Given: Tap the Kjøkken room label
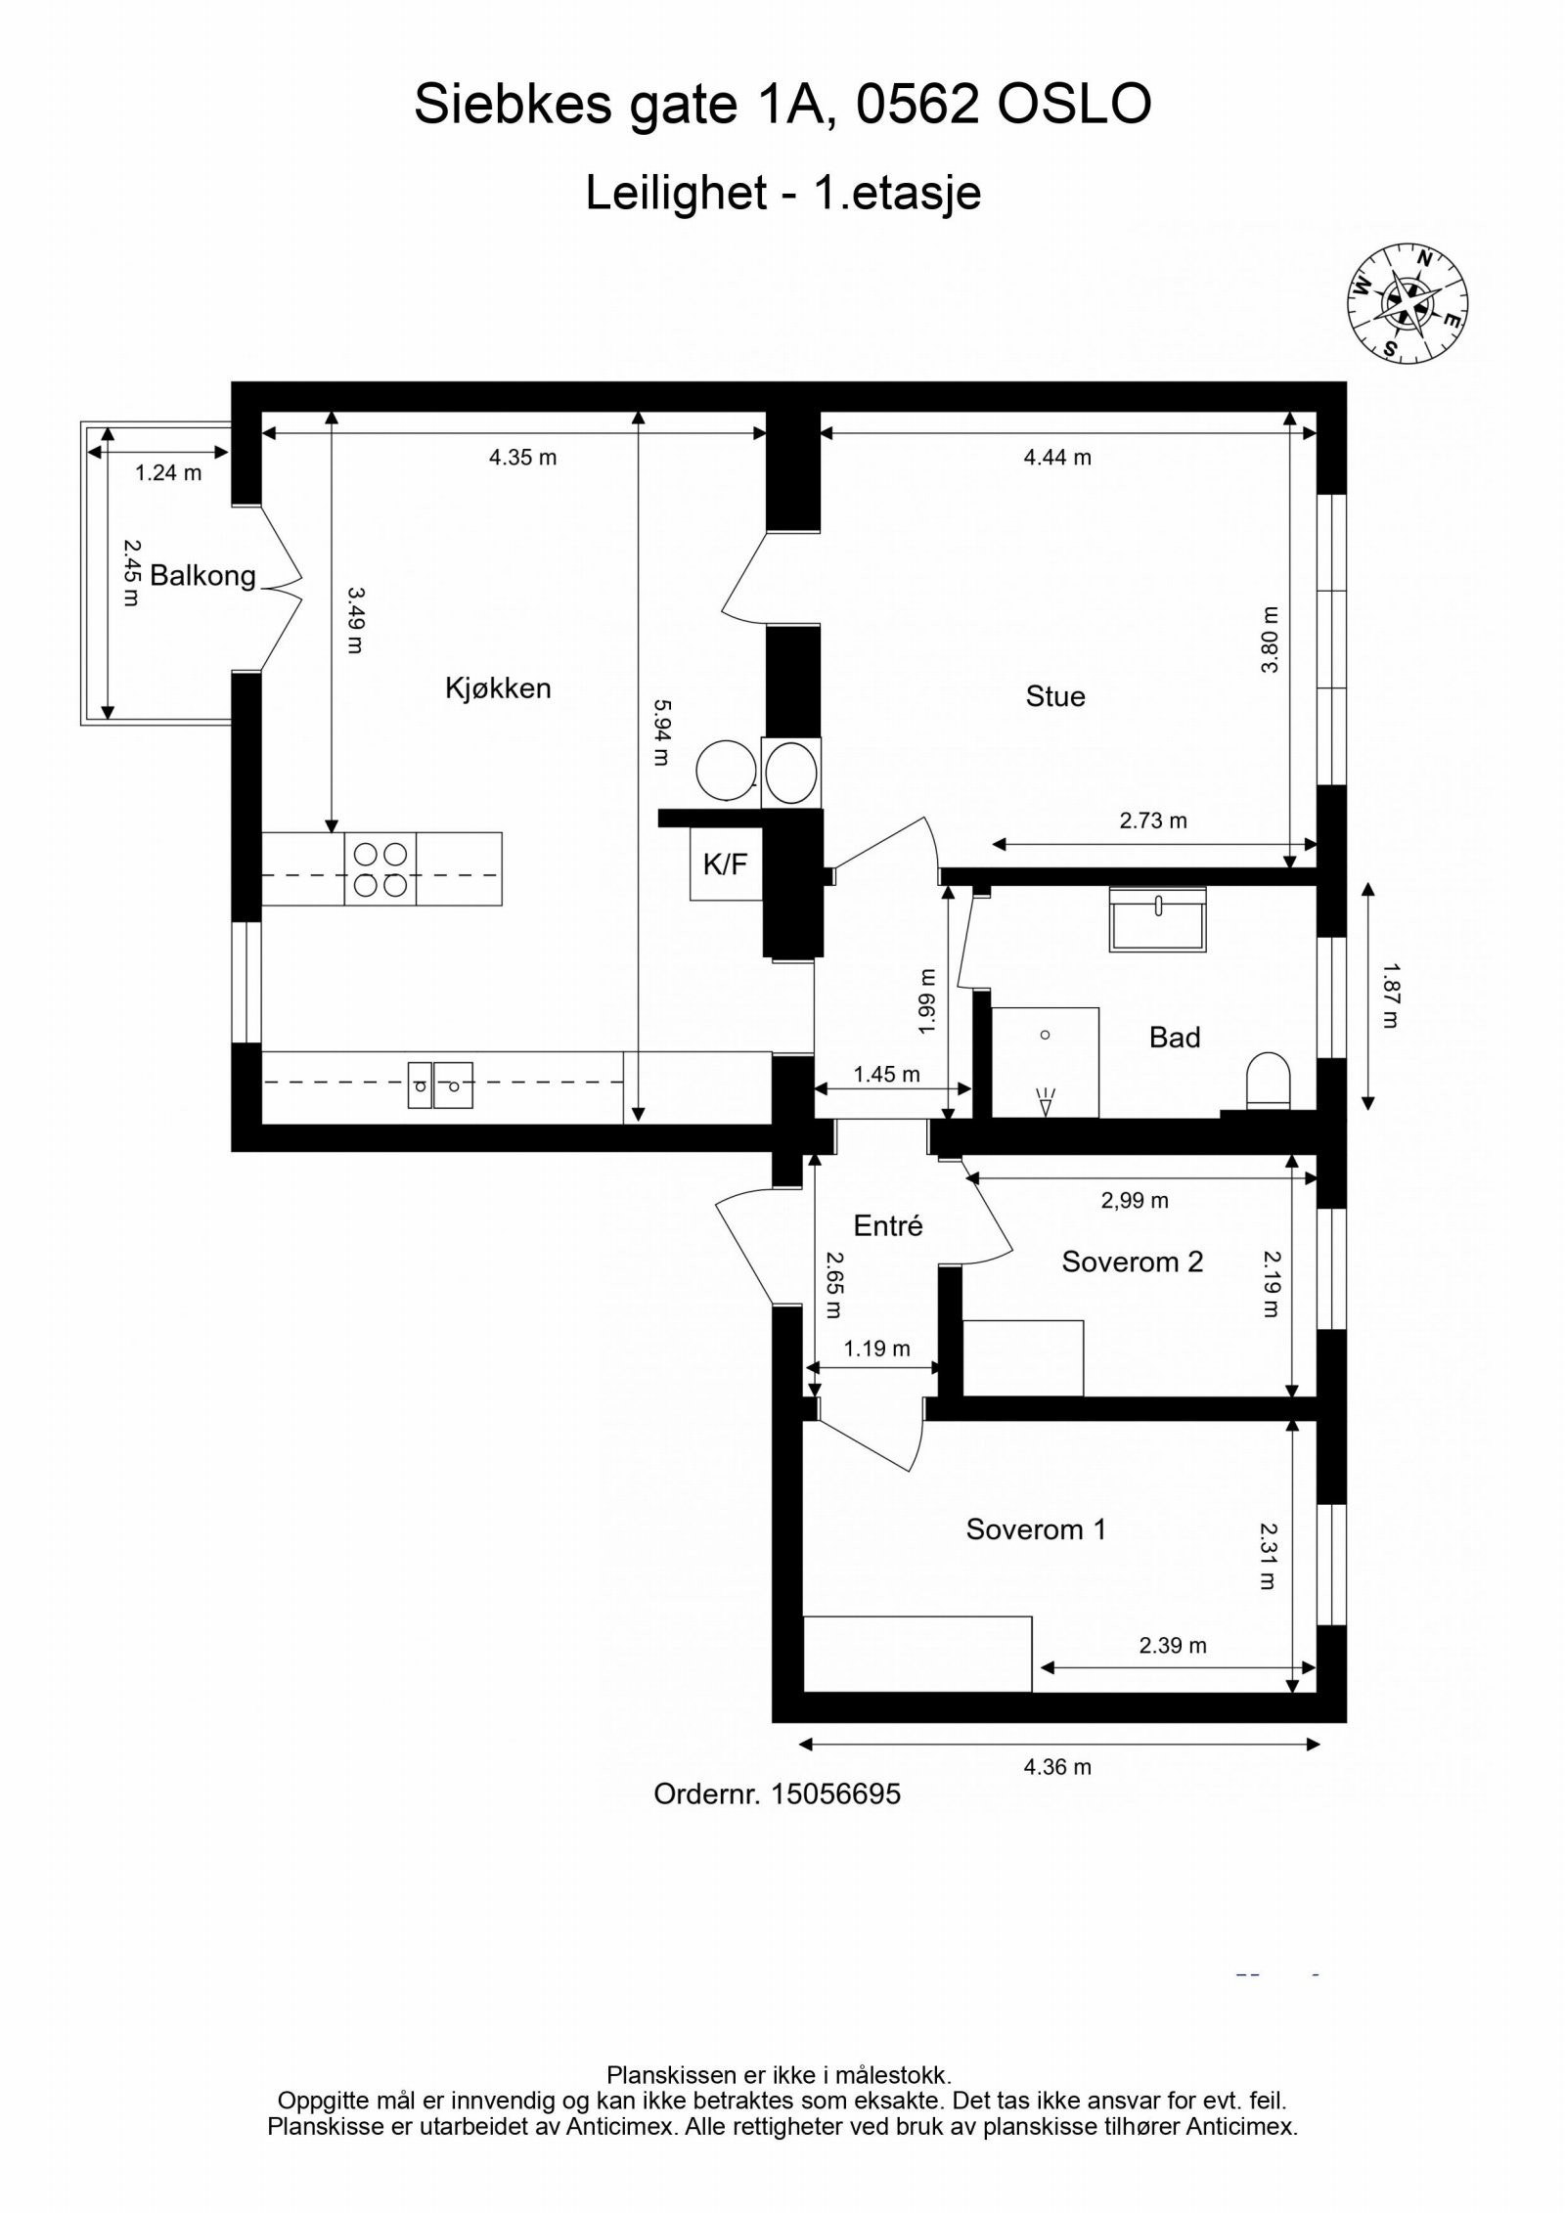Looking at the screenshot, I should click(498, 688).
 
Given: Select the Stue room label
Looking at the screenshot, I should click(1054, 696).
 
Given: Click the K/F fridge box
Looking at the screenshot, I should click(725, 863).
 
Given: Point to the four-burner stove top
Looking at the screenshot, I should click(380, 869).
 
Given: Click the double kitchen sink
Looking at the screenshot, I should click(439, 1084).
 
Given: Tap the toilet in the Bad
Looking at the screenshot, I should click(1268, 1082).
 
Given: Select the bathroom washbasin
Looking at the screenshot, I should click(1157, 919).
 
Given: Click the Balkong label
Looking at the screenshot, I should click(202, 576).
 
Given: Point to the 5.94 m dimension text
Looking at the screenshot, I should click(662, 731).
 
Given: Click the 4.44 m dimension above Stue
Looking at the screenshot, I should click(1057, 458).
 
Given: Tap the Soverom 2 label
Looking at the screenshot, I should click(1132, 1262).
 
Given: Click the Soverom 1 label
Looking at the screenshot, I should click(1036, 1529).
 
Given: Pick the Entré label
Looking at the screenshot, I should click(887, 1226).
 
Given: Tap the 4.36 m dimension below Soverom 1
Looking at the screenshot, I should click(1057, 1767).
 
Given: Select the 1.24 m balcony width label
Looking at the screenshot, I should click(168, 473).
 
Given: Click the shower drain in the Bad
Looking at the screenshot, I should click(1045, 1035).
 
